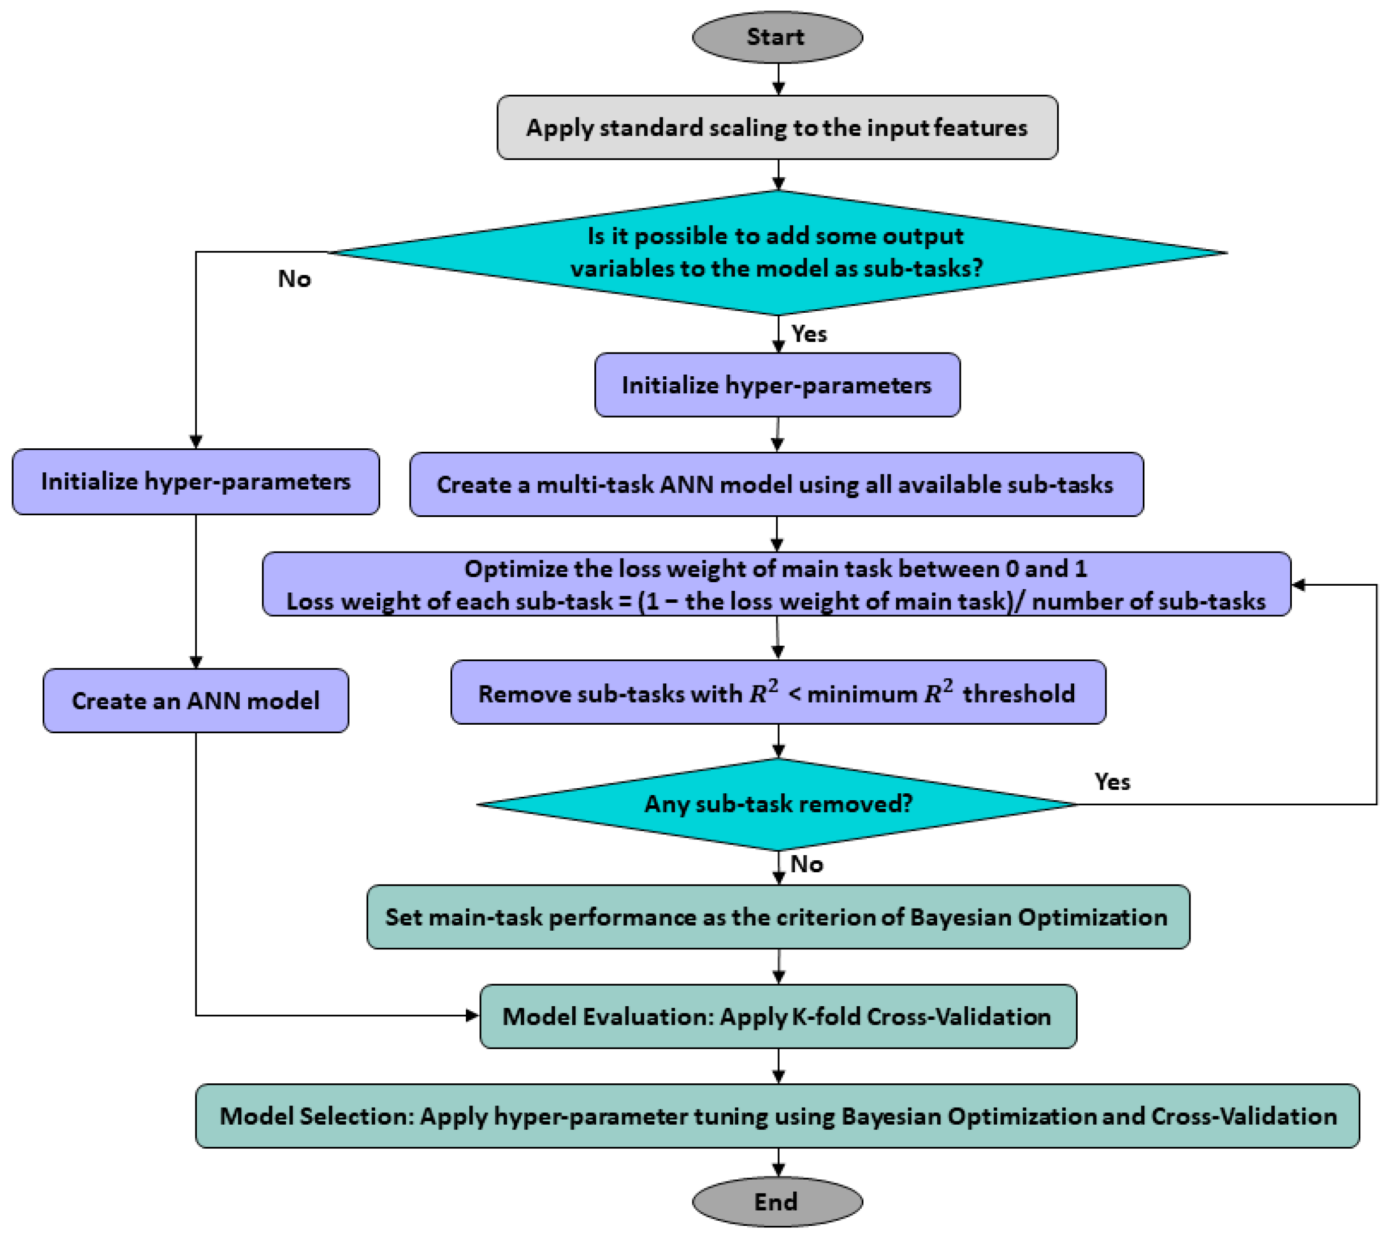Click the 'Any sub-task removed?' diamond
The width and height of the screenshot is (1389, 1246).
pos(778,804)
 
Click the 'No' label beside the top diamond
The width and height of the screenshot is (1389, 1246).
pos(294,279)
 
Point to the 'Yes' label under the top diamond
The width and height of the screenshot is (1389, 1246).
pos(808,334)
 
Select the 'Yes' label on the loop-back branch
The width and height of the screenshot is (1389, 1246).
pos(1111,782)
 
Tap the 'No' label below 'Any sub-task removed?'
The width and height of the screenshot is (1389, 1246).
pos(806,864)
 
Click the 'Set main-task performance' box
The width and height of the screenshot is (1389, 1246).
pos(777,917)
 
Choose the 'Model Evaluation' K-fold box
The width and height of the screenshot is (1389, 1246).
pos(777,1016)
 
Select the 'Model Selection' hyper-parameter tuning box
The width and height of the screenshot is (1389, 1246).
pos(777,1116)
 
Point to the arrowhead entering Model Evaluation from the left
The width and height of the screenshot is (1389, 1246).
pos(472,1015)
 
